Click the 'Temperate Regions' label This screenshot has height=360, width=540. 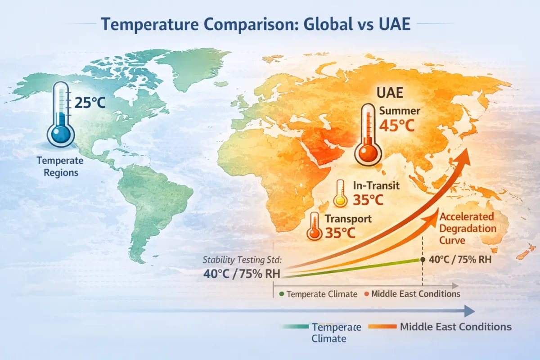point(60,166)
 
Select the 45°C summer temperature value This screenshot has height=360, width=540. point(396,126)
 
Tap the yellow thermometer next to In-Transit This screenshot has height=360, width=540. point(340,194)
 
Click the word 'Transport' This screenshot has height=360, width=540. point(348,219)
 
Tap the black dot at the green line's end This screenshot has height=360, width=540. point(423,260)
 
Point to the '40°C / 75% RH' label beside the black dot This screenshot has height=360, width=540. point(459,260)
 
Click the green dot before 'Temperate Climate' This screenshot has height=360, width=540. point(281,294)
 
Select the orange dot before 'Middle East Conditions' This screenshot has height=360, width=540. point(366,294)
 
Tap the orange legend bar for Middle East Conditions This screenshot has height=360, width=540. point(382,327)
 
